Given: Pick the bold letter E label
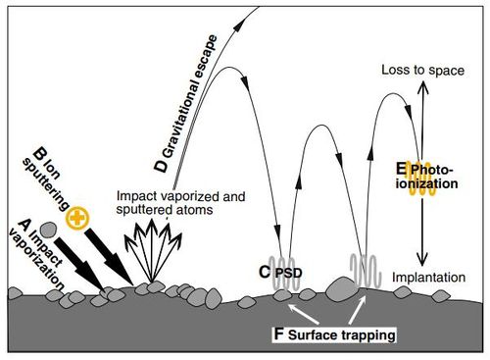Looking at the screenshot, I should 400,169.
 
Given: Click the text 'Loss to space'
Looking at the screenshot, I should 416,72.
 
